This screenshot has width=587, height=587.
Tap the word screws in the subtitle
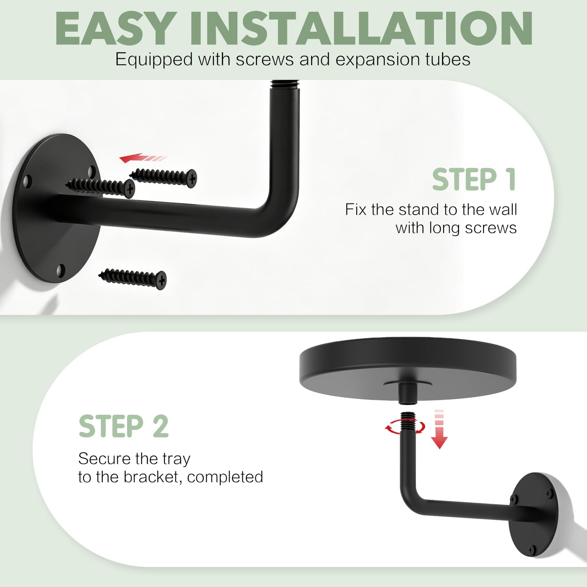[x=265, y=59]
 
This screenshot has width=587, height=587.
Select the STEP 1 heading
[x=474, y=180]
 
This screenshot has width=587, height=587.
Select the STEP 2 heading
[x=123, y=426]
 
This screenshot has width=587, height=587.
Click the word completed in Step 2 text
[x=225, y=477]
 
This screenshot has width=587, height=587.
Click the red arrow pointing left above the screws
[x=143, y=158]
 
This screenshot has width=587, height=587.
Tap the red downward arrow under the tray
[x=439, y=429]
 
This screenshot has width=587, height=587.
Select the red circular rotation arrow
[x=405, y=427]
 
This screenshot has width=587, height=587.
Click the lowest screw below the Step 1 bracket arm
[x=132, y=278]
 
